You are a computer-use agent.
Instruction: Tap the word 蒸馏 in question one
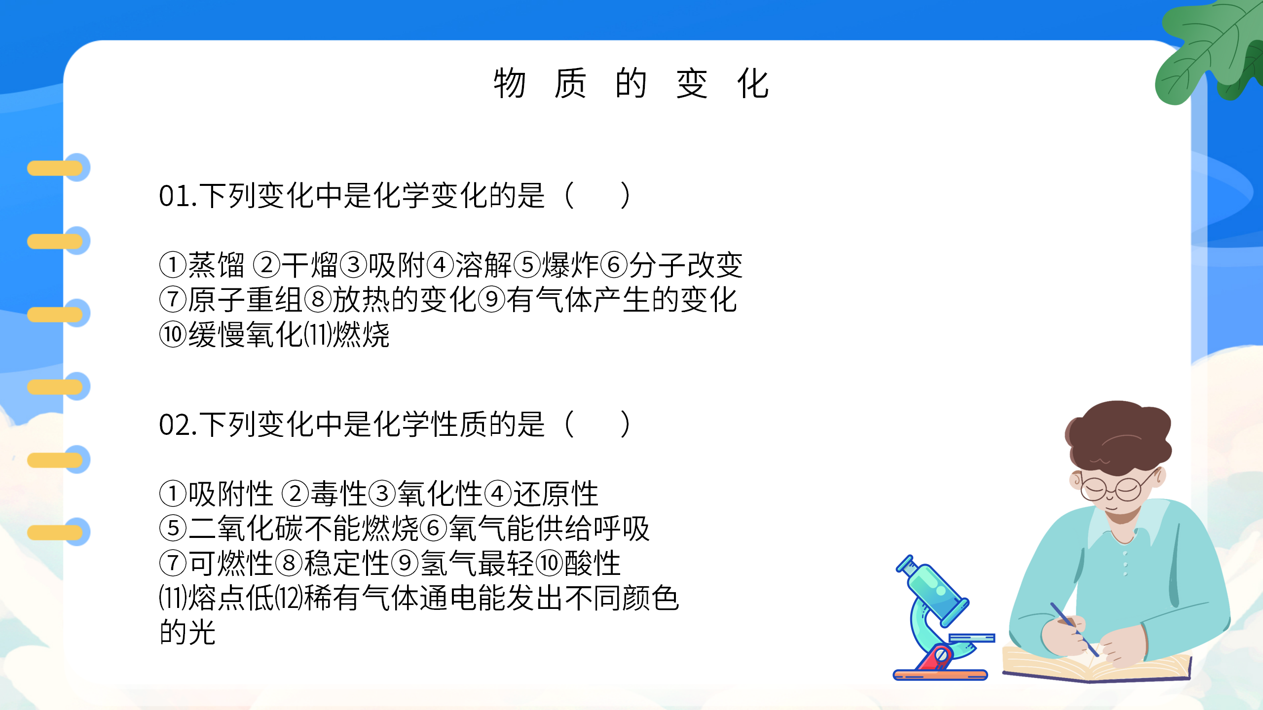[x=216, y=265]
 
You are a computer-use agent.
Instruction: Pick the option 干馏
[x=309, y=265]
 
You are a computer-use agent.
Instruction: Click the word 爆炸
[x=570, y=265]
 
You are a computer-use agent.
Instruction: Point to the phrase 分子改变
[x=686, y=265]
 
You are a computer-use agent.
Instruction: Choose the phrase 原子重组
[x=245, y=300]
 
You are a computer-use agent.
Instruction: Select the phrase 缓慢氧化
[x=245, y=335]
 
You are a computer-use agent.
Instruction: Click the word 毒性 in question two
[x=338, y=494]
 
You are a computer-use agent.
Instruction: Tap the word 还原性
[x=556, y=494]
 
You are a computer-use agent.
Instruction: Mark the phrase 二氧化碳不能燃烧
[x=303, y=529]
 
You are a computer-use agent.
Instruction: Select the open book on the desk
[x=1095, y=666]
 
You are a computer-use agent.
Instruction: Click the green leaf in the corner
[x=1209, y=49]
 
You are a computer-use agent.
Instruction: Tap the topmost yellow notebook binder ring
[x=55, y=168]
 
